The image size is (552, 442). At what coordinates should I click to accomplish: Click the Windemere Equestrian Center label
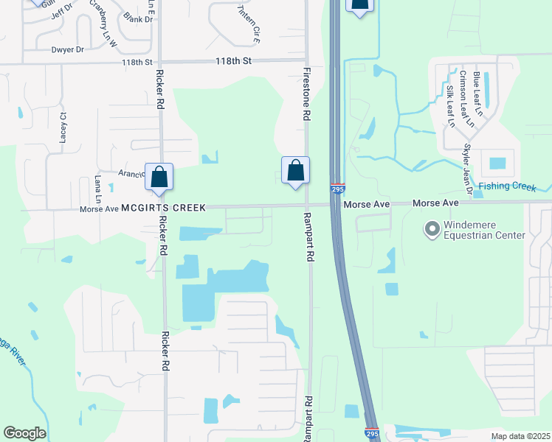click(x=484, y=230)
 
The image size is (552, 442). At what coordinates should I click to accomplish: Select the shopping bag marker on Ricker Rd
click(x=159, y=177)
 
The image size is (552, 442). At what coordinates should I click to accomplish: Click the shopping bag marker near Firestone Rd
click(x=295, y=171)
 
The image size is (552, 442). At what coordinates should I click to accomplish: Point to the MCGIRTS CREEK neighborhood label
click(x=164, y=208)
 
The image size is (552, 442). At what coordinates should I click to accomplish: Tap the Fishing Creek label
click(x=506, y=187)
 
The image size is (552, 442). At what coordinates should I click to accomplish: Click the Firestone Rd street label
click(x=306, y=95)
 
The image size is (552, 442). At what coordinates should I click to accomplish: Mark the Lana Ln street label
click(x=97, y=189)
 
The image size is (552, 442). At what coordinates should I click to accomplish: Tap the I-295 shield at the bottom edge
click(x=372, y=435)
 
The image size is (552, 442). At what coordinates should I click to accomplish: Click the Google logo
click(x=24, y=433)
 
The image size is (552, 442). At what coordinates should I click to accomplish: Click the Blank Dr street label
click(x=138, y=18)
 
